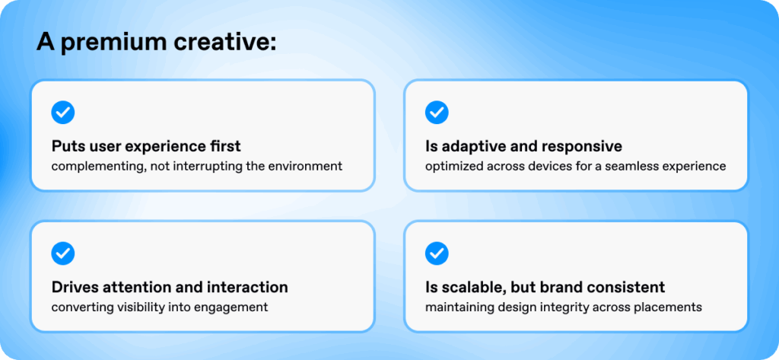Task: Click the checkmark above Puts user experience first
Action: click(x=62, y=113)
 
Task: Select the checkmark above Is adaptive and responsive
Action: click(x=437, y=113)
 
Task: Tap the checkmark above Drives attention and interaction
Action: click(x=62, y=253)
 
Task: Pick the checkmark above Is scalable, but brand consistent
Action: click(x=437, y=253)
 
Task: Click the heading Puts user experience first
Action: click(x=145, y=147)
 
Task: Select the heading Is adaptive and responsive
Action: click(x=523, y=147)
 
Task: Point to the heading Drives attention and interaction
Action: click(x=170, y=288)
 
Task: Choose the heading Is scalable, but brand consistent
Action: click(x=545, y=288)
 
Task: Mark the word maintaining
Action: click(x=461, y=307)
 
